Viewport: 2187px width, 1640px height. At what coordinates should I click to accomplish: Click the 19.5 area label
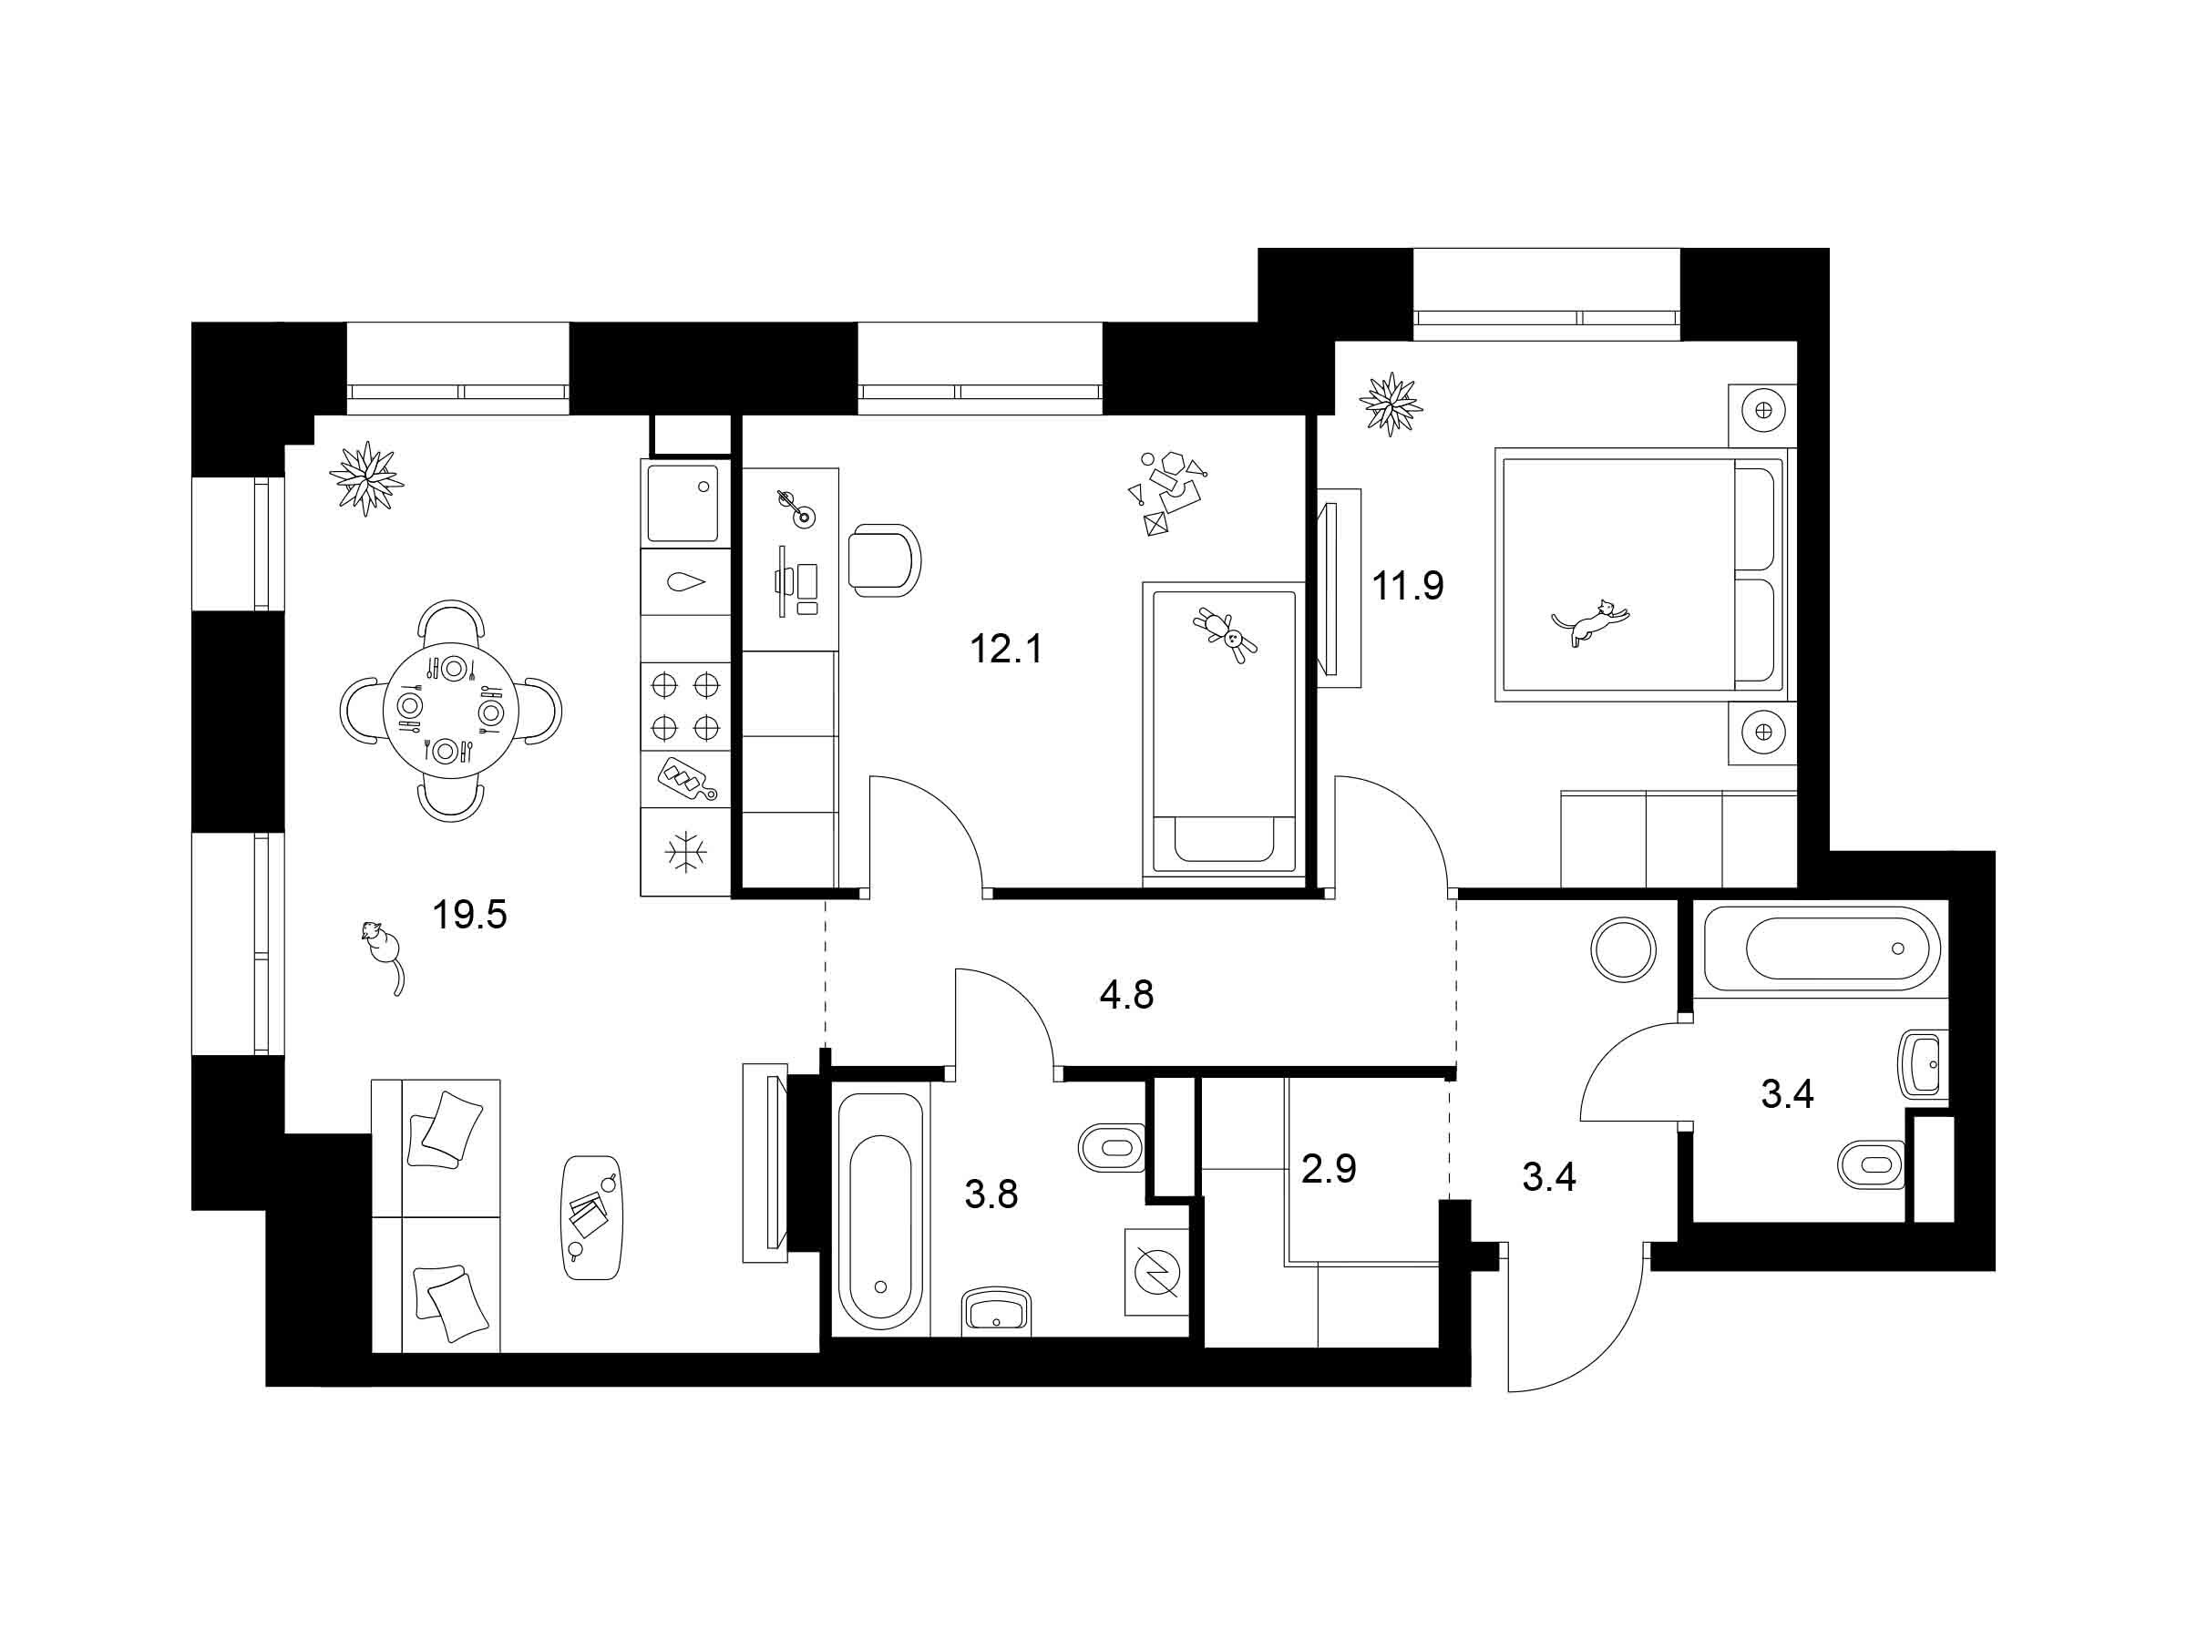(469, 916)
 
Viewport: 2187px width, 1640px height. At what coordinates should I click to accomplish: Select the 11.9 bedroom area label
(1407, 586)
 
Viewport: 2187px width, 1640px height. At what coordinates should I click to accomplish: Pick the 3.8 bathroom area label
(991, 1195)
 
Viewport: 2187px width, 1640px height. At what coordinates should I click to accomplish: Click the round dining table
(451, 711)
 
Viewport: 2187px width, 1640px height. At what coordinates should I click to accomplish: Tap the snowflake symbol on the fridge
(684, 852)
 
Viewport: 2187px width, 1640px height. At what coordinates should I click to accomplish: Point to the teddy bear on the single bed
(1225, 635)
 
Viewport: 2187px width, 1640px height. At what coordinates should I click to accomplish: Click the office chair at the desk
(884, 560)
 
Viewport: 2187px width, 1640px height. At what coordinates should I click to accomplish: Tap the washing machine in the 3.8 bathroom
(1156, 1272)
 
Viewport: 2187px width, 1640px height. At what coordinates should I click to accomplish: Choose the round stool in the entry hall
(1622, 949)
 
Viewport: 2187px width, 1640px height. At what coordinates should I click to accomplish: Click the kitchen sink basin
(683, 504)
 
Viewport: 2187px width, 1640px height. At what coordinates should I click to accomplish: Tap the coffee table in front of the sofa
(591, 1217)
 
